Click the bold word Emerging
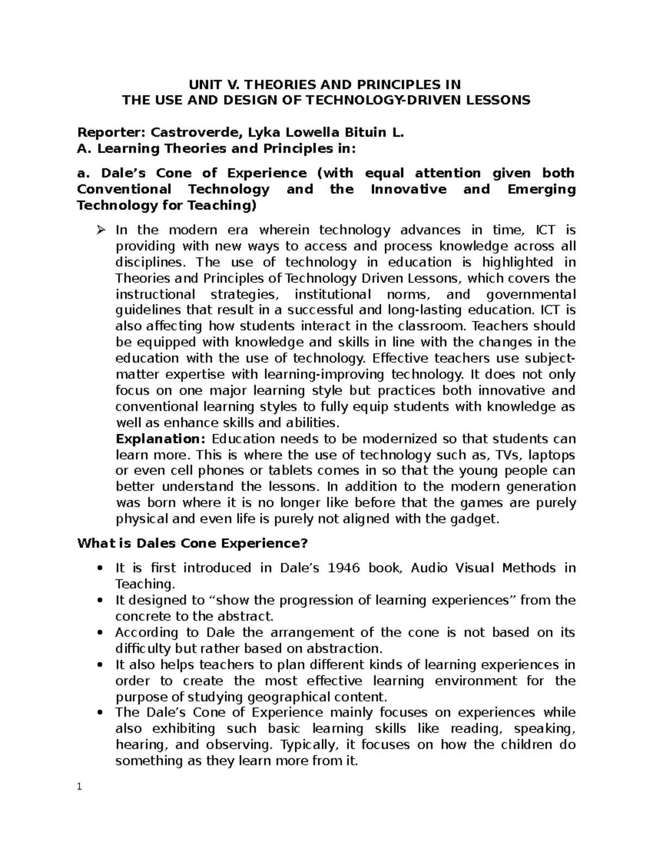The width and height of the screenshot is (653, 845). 541,189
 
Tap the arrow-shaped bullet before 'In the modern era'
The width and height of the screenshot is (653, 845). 100,230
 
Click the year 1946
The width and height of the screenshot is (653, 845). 340,568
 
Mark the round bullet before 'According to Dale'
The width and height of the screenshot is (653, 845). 100,633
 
